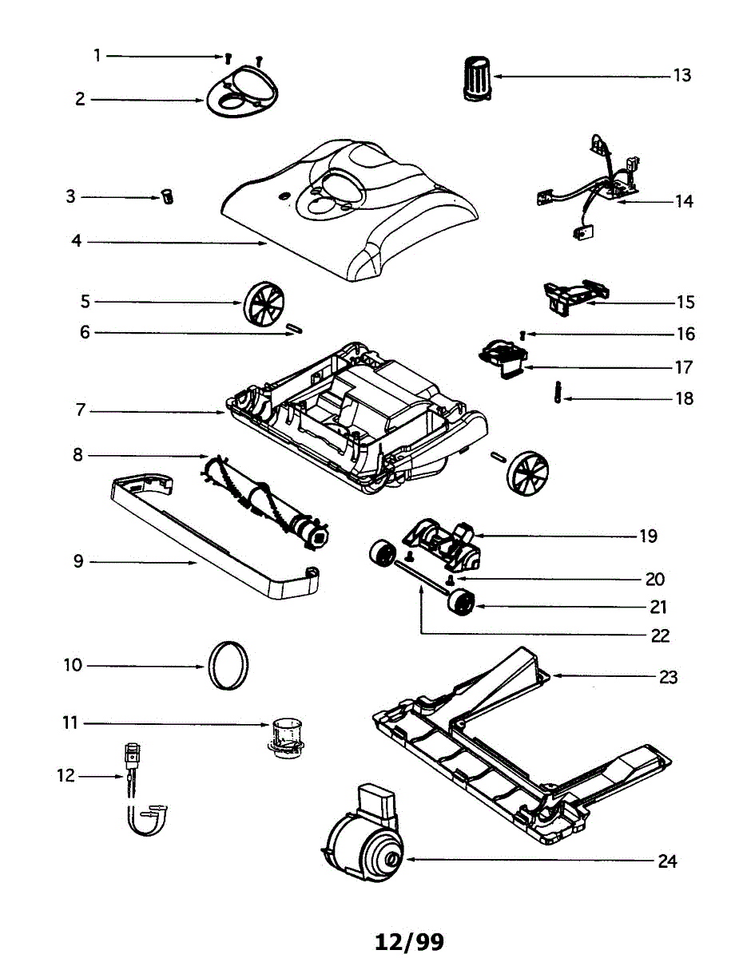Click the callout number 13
(x=681, y=76)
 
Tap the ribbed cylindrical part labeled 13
(x=478, y=78)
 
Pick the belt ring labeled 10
(x=228, y=663)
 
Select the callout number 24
(x=667, y=861)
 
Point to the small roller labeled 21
(x=459, y=601)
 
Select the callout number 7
(x=80, y=412)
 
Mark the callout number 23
(x=668, y=677)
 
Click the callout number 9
(x=78, y=561)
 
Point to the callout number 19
(x=648, y=536)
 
